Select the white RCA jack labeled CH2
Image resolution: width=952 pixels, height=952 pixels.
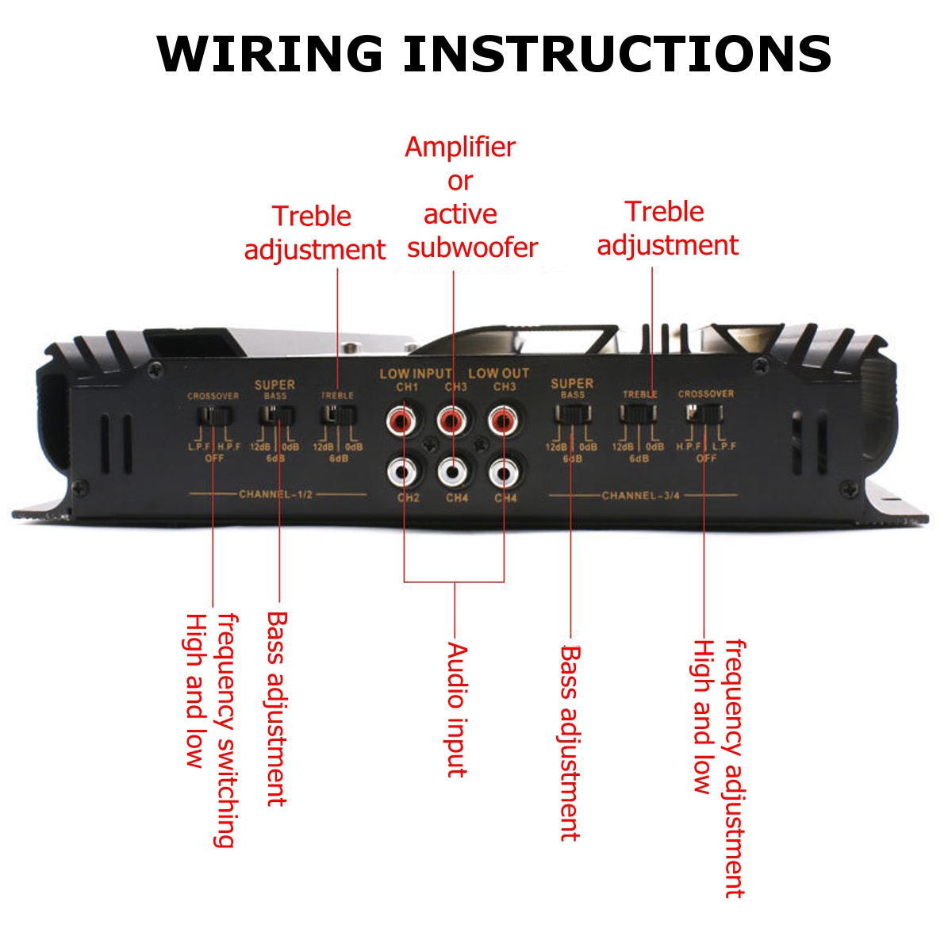(x=403, y=473)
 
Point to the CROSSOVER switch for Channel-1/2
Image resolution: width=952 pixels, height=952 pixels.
(x=213, y=415)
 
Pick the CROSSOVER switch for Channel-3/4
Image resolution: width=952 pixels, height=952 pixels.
(x=704, y=413)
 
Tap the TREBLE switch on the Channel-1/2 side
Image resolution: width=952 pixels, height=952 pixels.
(x=338, y=414)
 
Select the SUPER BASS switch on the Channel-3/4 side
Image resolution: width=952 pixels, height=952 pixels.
(x=572, y=413)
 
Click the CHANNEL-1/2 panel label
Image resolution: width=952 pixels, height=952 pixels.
(x=276, y=494)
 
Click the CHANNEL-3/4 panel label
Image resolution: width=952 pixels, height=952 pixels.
(x=640, y=496)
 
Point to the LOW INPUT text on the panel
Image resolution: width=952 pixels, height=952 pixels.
(x=415, y=373)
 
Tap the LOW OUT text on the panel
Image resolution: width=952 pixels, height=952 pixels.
(x=498, y=373)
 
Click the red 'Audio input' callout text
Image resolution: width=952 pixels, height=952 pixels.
(x=457, y=709)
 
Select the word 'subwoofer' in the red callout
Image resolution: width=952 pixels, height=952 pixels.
(x=472, y=248)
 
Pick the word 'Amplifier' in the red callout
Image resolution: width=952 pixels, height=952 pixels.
(x=460, y=147)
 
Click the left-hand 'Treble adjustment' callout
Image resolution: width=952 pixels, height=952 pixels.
(x=314, y=232)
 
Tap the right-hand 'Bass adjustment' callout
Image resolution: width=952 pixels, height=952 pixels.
(x=570, y=743)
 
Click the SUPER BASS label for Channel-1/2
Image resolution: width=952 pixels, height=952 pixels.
(x=274, y=388)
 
